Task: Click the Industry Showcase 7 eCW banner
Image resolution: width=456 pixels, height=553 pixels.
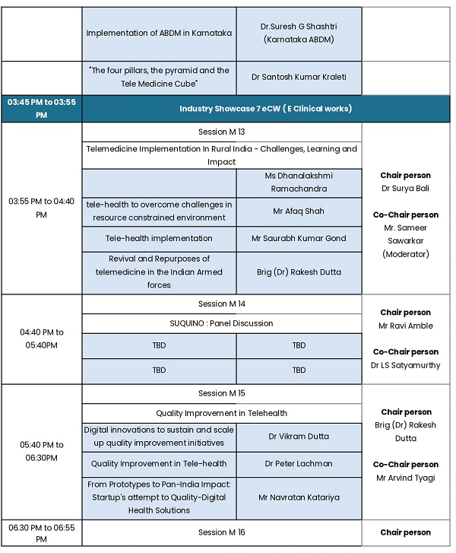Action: coord(265,109)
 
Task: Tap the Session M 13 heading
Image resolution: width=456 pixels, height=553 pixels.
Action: coord(221,132)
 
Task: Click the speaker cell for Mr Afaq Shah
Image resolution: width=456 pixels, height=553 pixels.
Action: coord(299,211)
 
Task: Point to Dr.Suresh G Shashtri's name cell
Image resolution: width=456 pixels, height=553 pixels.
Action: coord(299,33)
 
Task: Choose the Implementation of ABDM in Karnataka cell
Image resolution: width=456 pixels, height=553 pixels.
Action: coord(159,33)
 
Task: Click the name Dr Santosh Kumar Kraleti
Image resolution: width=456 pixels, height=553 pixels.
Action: coord(299,78)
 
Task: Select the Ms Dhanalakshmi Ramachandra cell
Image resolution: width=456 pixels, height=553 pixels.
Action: coord(299,182)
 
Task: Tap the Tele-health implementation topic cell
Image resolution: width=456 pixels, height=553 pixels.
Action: coord(159,238)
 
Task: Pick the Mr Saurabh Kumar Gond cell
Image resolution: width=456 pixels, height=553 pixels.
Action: coord(299,238)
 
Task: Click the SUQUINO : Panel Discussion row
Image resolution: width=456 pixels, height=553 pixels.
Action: coord(221,323)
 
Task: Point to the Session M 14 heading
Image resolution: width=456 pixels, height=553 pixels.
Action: coord(221,304)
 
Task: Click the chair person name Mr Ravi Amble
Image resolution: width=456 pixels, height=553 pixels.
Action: coord(405,326)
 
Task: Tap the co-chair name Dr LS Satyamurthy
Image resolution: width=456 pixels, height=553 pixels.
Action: coord(405,365)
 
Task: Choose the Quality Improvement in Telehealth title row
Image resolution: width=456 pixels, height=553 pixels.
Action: coord(221,413)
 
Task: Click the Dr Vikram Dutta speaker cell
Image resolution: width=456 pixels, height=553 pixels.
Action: coord(299,437)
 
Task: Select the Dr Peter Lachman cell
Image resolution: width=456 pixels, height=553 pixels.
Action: coord(299,463)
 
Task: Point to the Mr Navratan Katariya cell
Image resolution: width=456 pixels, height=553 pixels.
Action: coord(299,497)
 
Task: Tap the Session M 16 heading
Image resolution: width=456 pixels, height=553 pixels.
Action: coord(221,532)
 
